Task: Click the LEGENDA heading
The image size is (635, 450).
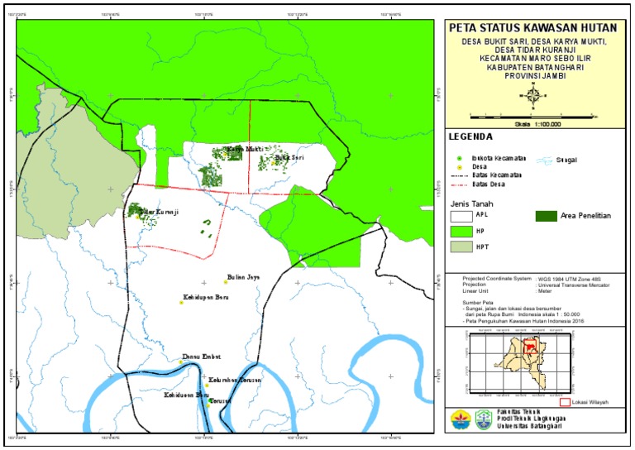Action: point(471,136)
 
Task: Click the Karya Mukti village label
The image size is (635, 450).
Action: point(246,150)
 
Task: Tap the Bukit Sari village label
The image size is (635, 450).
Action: point(290,156)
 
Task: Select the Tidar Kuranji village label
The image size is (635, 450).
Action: point(159,213)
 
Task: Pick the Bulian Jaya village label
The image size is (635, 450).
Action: point(243,277)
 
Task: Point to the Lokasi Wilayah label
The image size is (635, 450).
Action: point(590,402)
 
